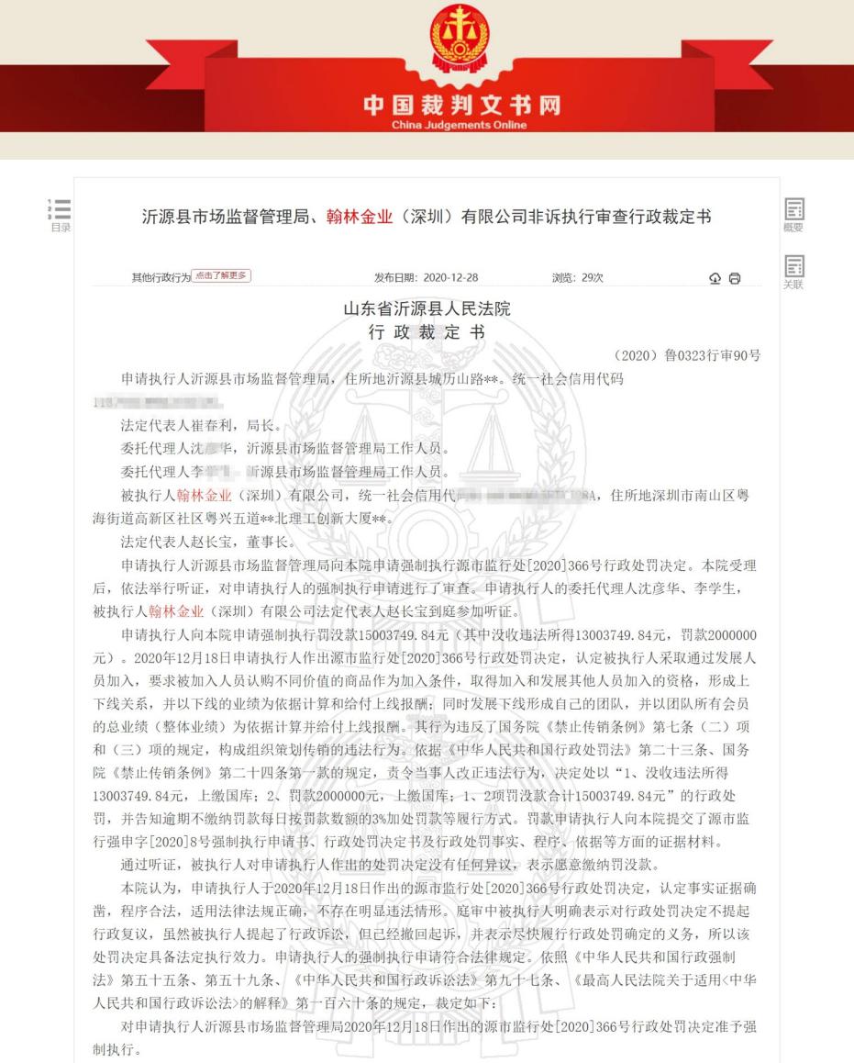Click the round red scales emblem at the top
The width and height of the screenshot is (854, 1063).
pos(460,38)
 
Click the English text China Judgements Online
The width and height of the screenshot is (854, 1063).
pos(460,125)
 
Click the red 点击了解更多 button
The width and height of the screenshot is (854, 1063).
pos(222,276)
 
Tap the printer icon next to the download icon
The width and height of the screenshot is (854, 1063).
pos(734,278)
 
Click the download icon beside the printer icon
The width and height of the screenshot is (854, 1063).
pos(715,278)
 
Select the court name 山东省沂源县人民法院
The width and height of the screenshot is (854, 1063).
pos(427,309)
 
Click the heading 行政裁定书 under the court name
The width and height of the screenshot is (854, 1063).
pos(427,332)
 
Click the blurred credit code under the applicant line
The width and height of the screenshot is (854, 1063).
pos(161,403)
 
